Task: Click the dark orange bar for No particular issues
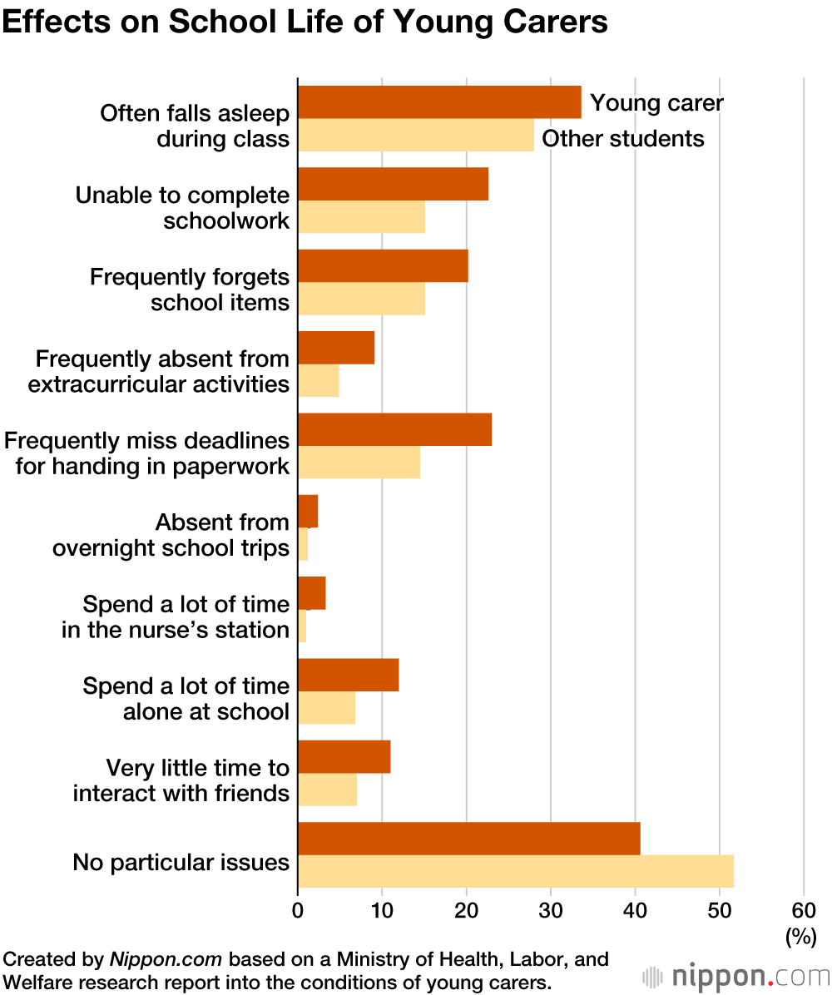coord(469,839)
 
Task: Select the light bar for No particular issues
coord(516,871)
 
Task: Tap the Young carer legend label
coord(656,103)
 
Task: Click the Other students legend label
coord(623,138)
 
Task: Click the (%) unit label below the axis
coord(800,937)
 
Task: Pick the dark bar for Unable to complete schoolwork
coord(393,184)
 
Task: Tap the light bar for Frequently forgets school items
coord(361,299)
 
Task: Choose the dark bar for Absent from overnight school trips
coord(308,511)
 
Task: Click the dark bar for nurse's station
coord(312,592)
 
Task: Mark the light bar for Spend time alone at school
coord(326,707)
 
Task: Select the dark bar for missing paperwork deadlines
coord(394,429)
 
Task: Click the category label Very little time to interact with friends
coord(181,780)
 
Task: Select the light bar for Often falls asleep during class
coord(416,135)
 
